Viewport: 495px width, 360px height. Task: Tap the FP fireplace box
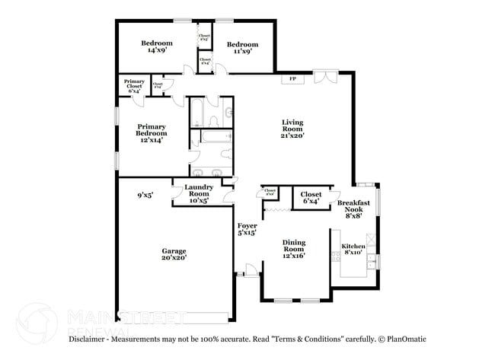pos(292,78)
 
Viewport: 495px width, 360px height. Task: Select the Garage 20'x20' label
pos(174,253)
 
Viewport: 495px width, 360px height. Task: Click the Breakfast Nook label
pos(354,209)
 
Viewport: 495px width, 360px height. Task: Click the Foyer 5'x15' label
pos(247,229)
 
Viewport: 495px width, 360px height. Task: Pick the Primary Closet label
pos(135,87)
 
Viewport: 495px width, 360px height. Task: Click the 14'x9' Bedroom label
pos(157,47)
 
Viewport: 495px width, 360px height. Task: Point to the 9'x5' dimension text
pos(145,195)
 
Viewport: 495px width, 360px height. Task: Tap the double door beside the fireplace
pos(324,76)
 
